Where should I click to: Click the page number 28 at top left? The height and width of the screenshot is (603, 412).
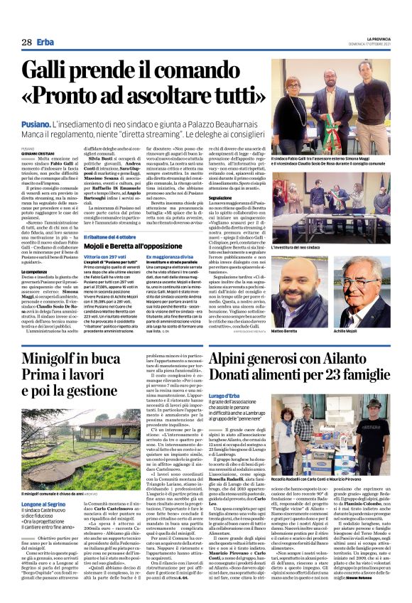(27, 42)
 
